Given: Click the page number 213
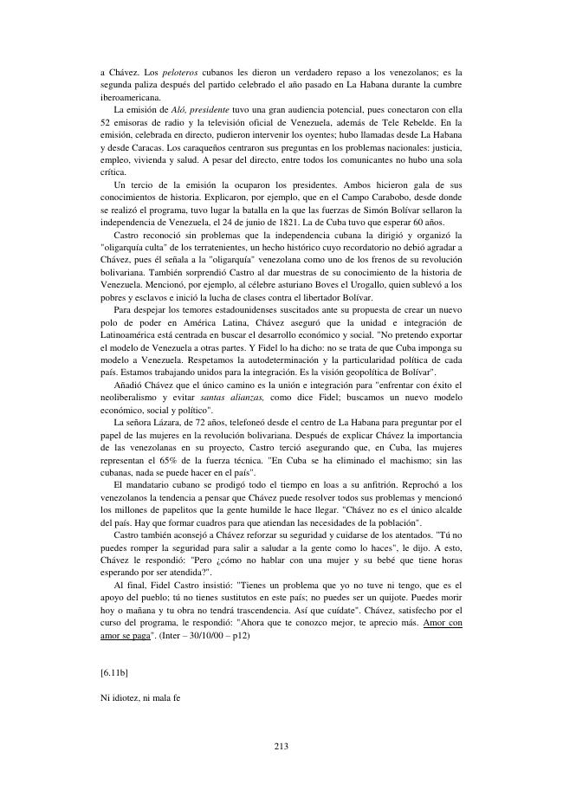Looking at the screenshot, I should coord(281,746).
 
